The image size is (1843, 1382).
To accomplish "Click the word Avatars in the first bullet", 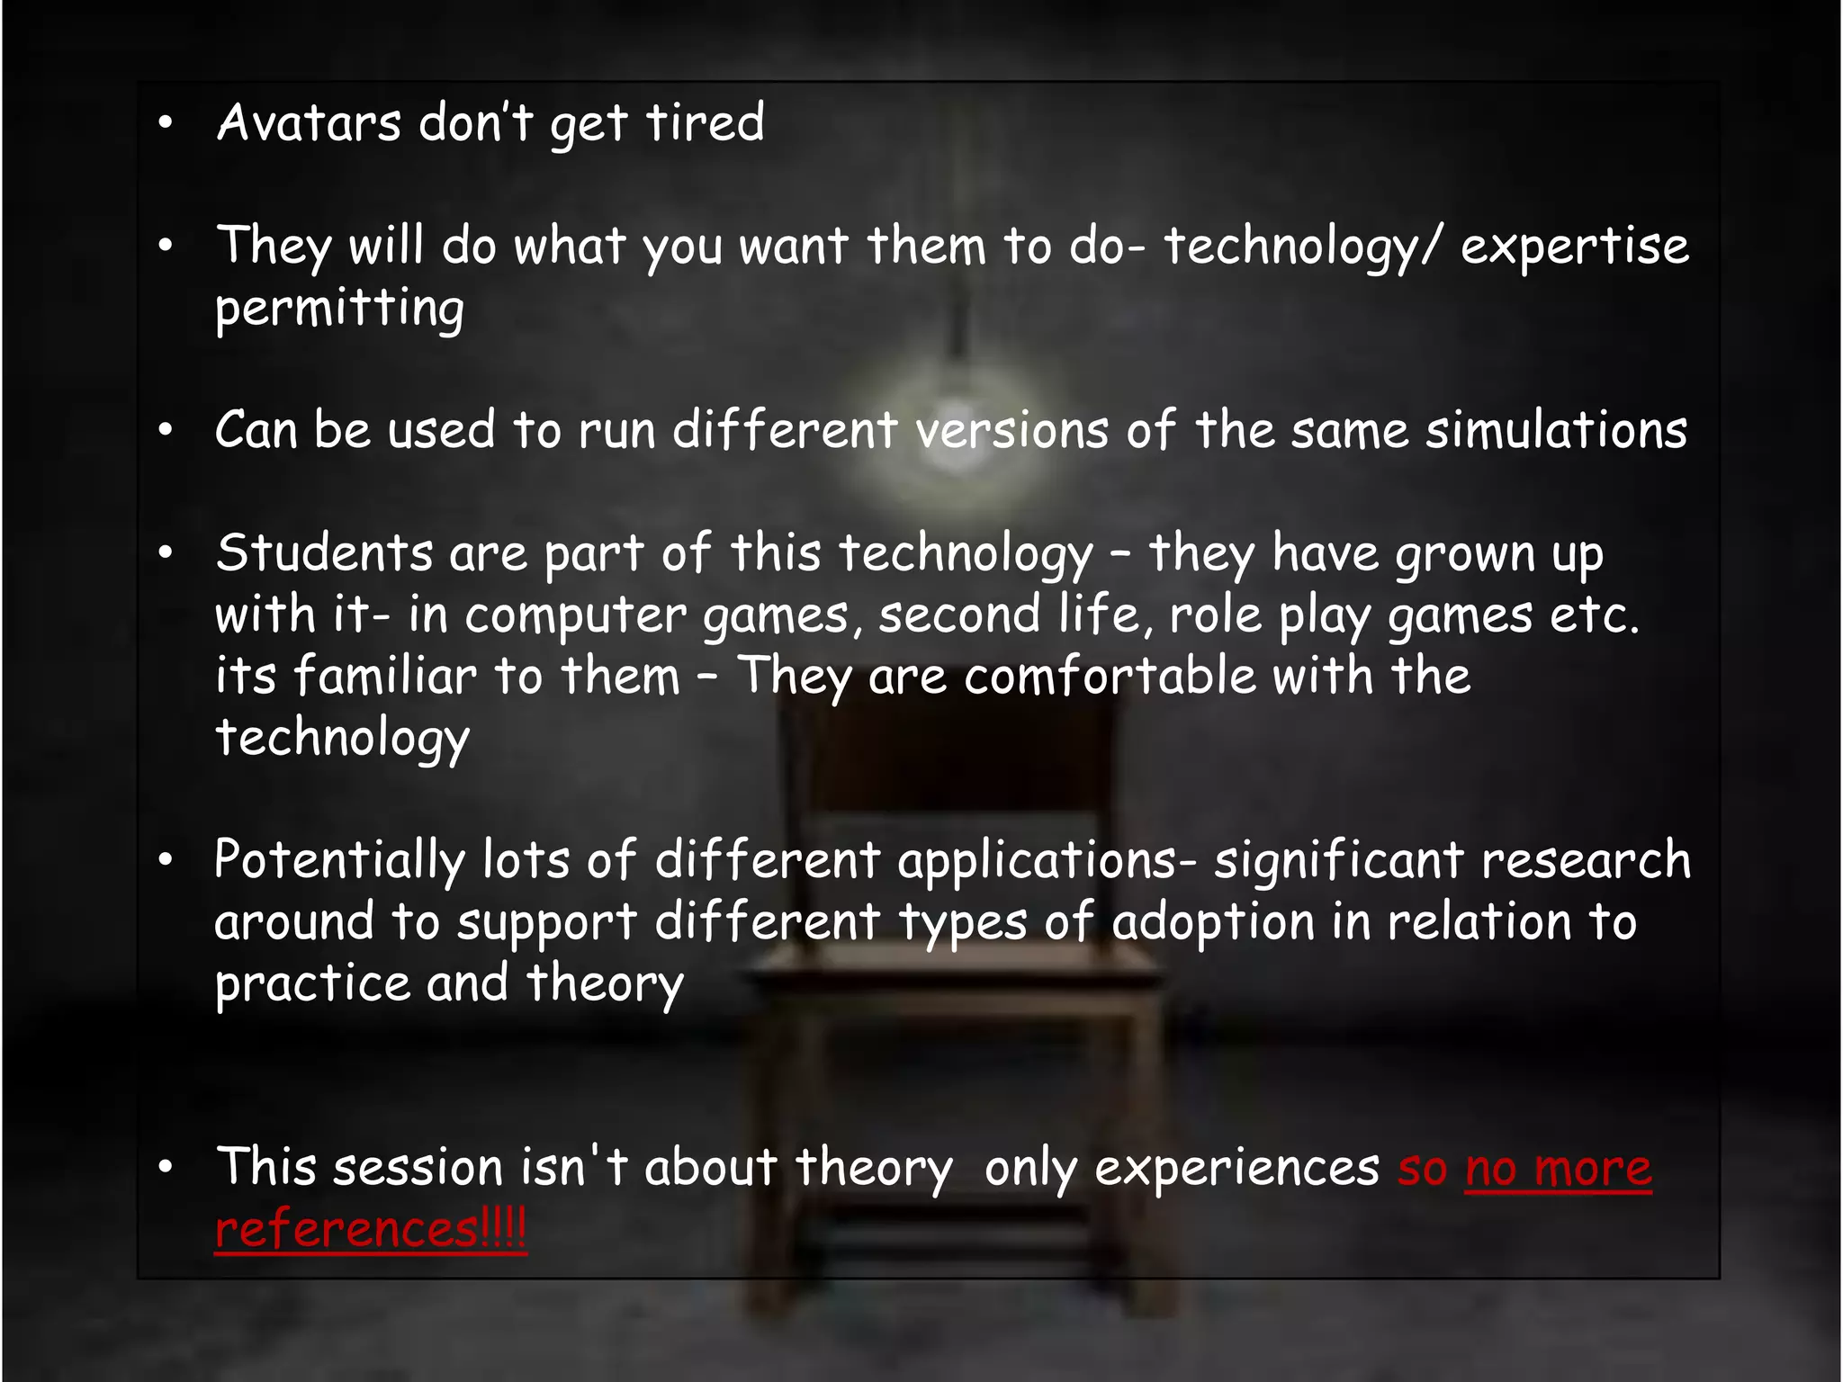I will pos(309,122).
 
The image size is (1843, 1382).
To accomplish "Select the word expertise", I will pos(1574,247).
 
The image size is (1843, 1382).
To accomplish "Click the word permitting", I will pos(339,309).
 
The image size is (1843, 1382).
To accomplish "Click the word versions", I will pos(1012,430).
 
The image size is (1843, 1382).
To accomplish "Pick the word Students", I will pos(324,552).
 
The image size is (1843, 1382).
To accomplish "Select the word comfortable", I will pos(1110,676).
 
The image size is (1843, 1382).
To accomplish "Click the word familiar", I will pos(385,676).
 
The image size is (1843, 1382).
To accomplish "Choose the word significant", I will pos(1338,860).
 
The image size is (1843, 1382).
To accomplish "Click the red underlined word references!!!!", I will pos(370,1229).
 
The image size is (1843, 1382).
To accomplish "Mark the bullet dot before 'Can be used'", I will pos(165,430).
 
